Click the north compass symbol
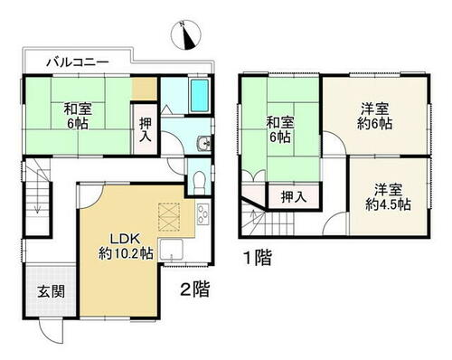tap(185, 35)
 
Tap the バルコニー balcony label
tap(77, 63)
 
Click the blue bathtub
tap(200, 96)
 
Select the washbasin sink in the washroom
tap(204, 143)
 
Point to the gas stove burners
tap(203, 214)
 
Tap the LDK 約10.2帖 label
tap(126, 247)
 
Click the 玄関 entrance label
tap(51, 291)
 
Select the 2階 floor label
tap(194, 289)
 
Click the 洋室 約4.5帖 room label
tap(388, 197)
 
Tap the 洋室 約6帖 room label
tap(375, 116)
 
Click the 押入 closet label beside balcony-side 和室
tap(146, 129)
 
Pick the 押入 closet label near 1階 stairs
tap(294, 197)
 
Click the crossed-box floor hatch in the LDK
tap(169, 217)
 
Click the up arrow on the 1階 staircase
tap(253, 217)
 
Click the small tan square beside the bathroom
tap(144, 89)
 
